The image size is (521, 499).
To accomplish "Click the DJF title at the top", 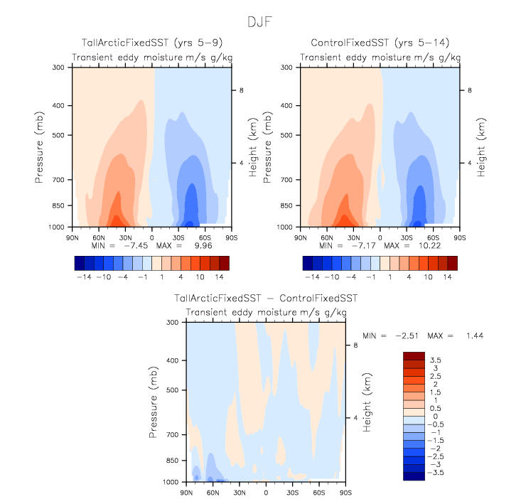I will [259, 22].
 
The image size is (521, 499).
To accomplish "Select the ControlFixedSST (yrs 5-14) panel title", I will [380, 43].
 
